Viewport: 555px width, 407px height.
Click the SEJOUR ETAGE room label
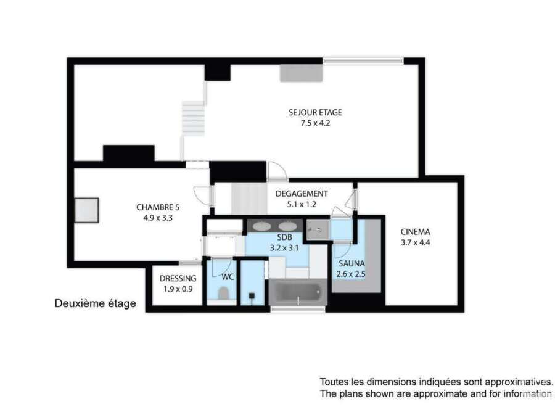315,113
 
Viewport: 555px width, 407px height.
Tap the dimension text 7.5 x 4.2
315,123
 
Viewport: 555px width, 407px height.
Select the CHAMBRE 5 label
158,207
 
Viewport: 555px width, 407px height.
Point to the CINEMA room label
415,232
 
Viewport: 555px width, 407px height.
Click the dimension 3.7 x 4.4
415,242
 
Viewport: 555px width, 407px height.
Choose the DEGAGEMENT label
302,194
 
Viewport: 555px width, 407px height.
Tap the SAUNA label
351,263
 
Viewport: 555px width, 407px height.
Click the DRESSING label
178,279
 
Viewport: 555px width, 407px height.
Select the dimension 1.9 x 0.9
178,289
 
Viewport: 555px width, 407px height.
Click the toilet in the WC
223,293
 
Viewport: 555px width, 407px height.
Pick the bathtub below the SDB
298,292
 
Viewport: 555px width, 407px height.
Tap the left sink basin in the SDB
262,226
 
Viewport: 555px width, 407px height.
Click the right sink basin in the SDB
286,226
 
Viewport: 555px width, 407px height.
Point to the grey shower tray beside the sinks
317,230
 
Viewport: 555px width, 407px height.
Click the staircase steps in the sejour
193,118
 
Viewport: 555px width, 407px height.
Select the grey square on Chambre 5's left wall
87,210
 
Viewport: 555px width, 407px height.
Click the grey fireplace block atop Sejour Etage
301,73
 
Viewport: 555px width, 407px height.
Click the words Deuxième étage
95,303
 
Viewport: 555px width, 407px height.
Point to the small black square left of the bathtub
252,295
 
